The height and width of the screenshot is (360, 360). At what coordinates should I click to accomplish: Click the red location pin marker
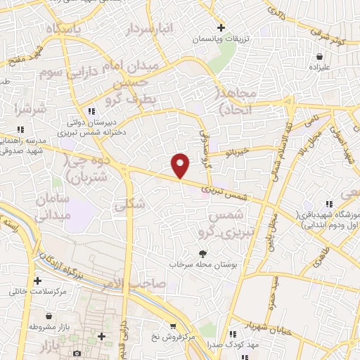(181, 165)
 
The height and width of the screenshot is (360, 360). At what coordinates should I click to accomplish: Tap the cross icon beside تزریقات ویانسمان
(221, 28)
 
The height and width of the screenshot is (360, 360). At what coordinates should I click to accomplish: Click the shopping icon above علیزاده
(320, 56)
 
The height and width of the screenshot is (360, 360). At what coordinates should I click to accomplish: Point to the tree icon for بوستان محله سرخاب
(203, 254)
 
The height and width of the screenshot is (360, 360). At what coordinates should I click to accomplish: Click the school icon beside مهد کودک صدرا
(231, 335)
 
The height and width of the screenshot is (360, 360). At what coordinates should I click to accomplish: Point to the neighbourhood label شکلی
(134, 204)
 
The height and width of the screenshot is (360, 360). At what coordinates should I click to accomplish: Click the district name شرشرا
(29, 109)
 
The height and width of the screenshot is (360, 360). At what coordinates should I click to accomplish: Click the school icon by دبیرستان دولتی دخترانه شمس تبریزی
(91, 112)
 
